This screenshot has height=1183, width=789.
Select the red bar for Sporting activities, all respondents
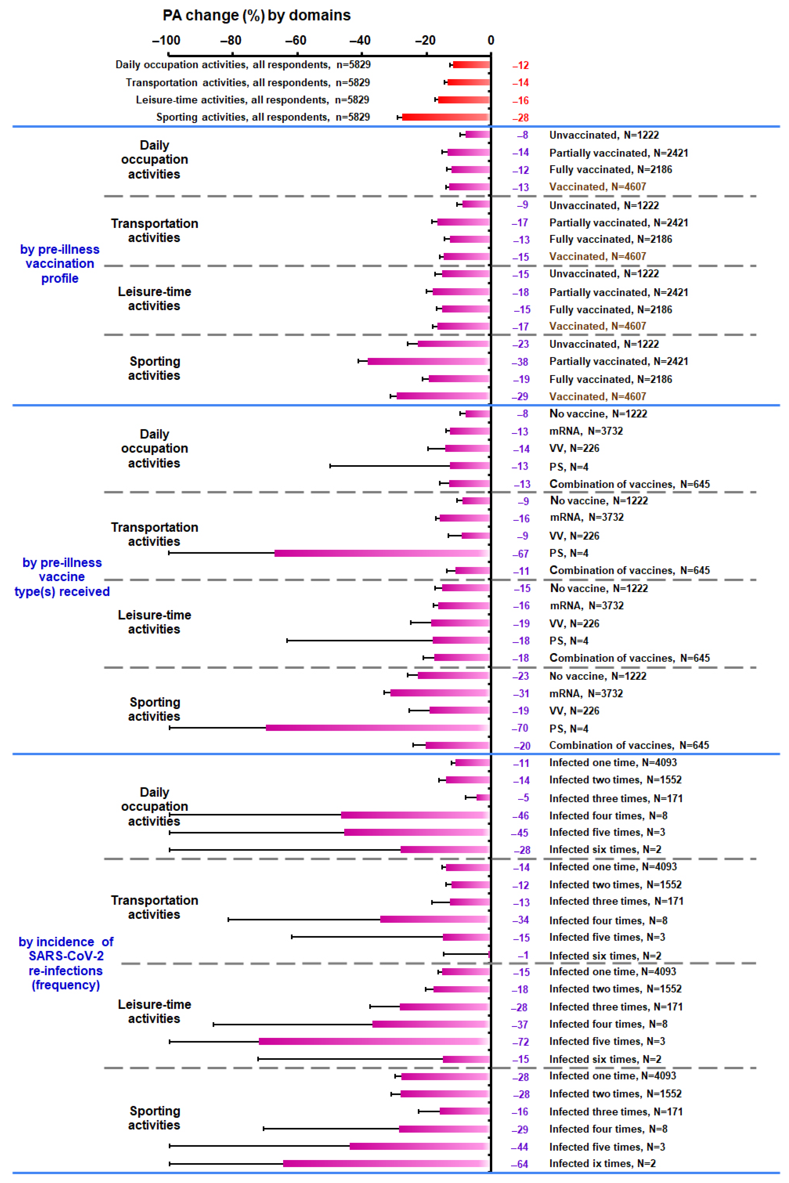[x=445, y=117]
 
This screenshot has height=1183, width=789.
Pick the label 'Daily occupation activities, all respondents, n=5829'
[x=243, y=64]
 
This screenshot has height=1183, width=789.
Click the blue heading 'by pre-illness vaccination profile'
[x=60, y=264]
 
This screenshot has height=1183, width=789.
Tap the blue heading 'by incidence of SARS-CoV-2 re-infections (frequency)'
[x=66, y=963]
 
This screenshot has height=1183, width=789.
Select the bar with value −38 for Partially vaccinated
[x=429, y=361]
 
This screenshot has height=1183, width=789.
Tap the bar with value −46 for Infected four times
[x=415, y=815]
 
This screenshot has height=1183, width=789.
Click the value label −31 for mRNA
[x=521, y=693]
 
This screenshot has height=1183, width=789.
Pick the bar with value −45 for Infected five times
[x=417, y=832]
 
